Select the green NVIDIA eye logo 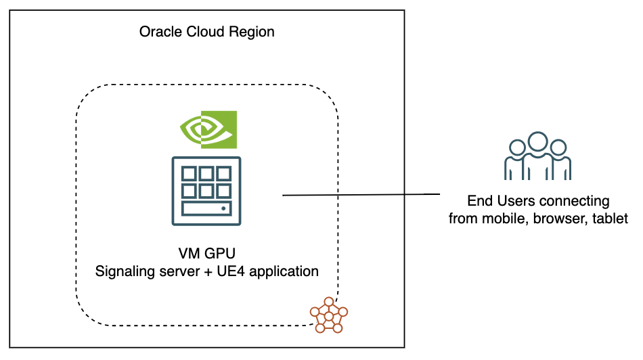(x=207, y=129)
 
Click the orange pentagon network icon (x=328, y=315)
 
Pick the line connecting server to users (x=361, y=195)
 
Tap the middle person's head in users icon (x=537, y=141)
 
